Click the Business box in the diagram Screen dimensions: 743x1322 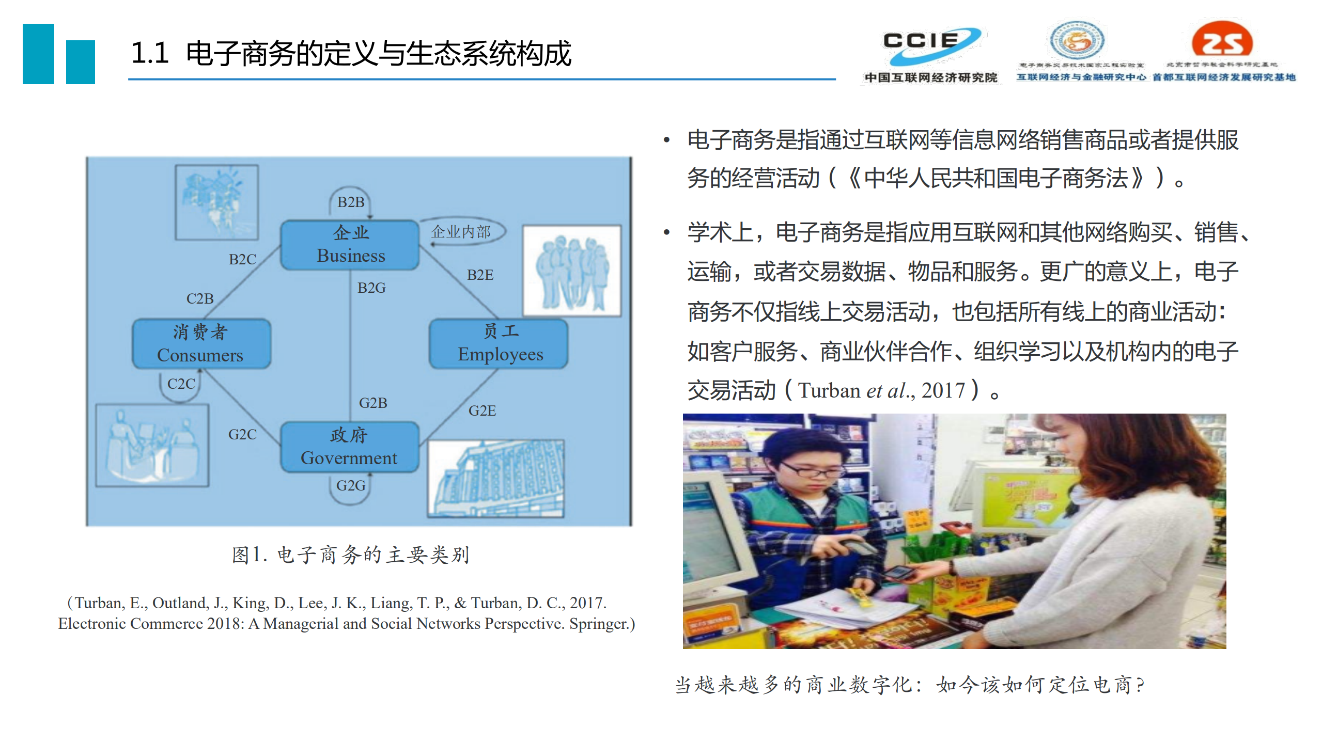(350, 245)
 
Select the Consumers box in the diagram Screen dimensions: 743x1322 (201, 344)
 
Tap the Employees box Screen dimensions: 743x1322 (499, 343)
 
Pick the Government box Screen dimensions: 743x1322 (349, 447)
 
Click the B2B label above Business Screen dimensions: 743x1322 (351, 202)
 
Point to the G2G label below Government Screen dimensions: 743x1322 (350, 485)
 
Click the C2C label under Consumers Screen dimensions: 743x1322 (181, 384)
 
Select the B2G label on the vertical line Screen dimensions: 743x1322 (371, 288)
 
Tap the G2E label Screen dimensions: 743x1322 (482, 410)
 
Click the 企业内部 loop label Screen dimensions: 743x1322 (461, 231)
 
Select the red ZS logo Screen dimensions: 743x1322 (1222, 40)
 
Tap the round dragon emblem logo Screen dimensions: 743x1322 (1078, 40)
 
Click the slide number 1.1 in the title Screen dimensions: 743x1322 (150, 53)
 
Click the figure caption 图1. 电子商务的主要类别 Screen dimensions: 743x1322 (350, 555)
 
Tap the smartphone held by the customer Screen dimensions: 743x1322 (897, 572)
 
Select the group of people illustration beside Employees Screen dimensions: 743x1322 (571, 271)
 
